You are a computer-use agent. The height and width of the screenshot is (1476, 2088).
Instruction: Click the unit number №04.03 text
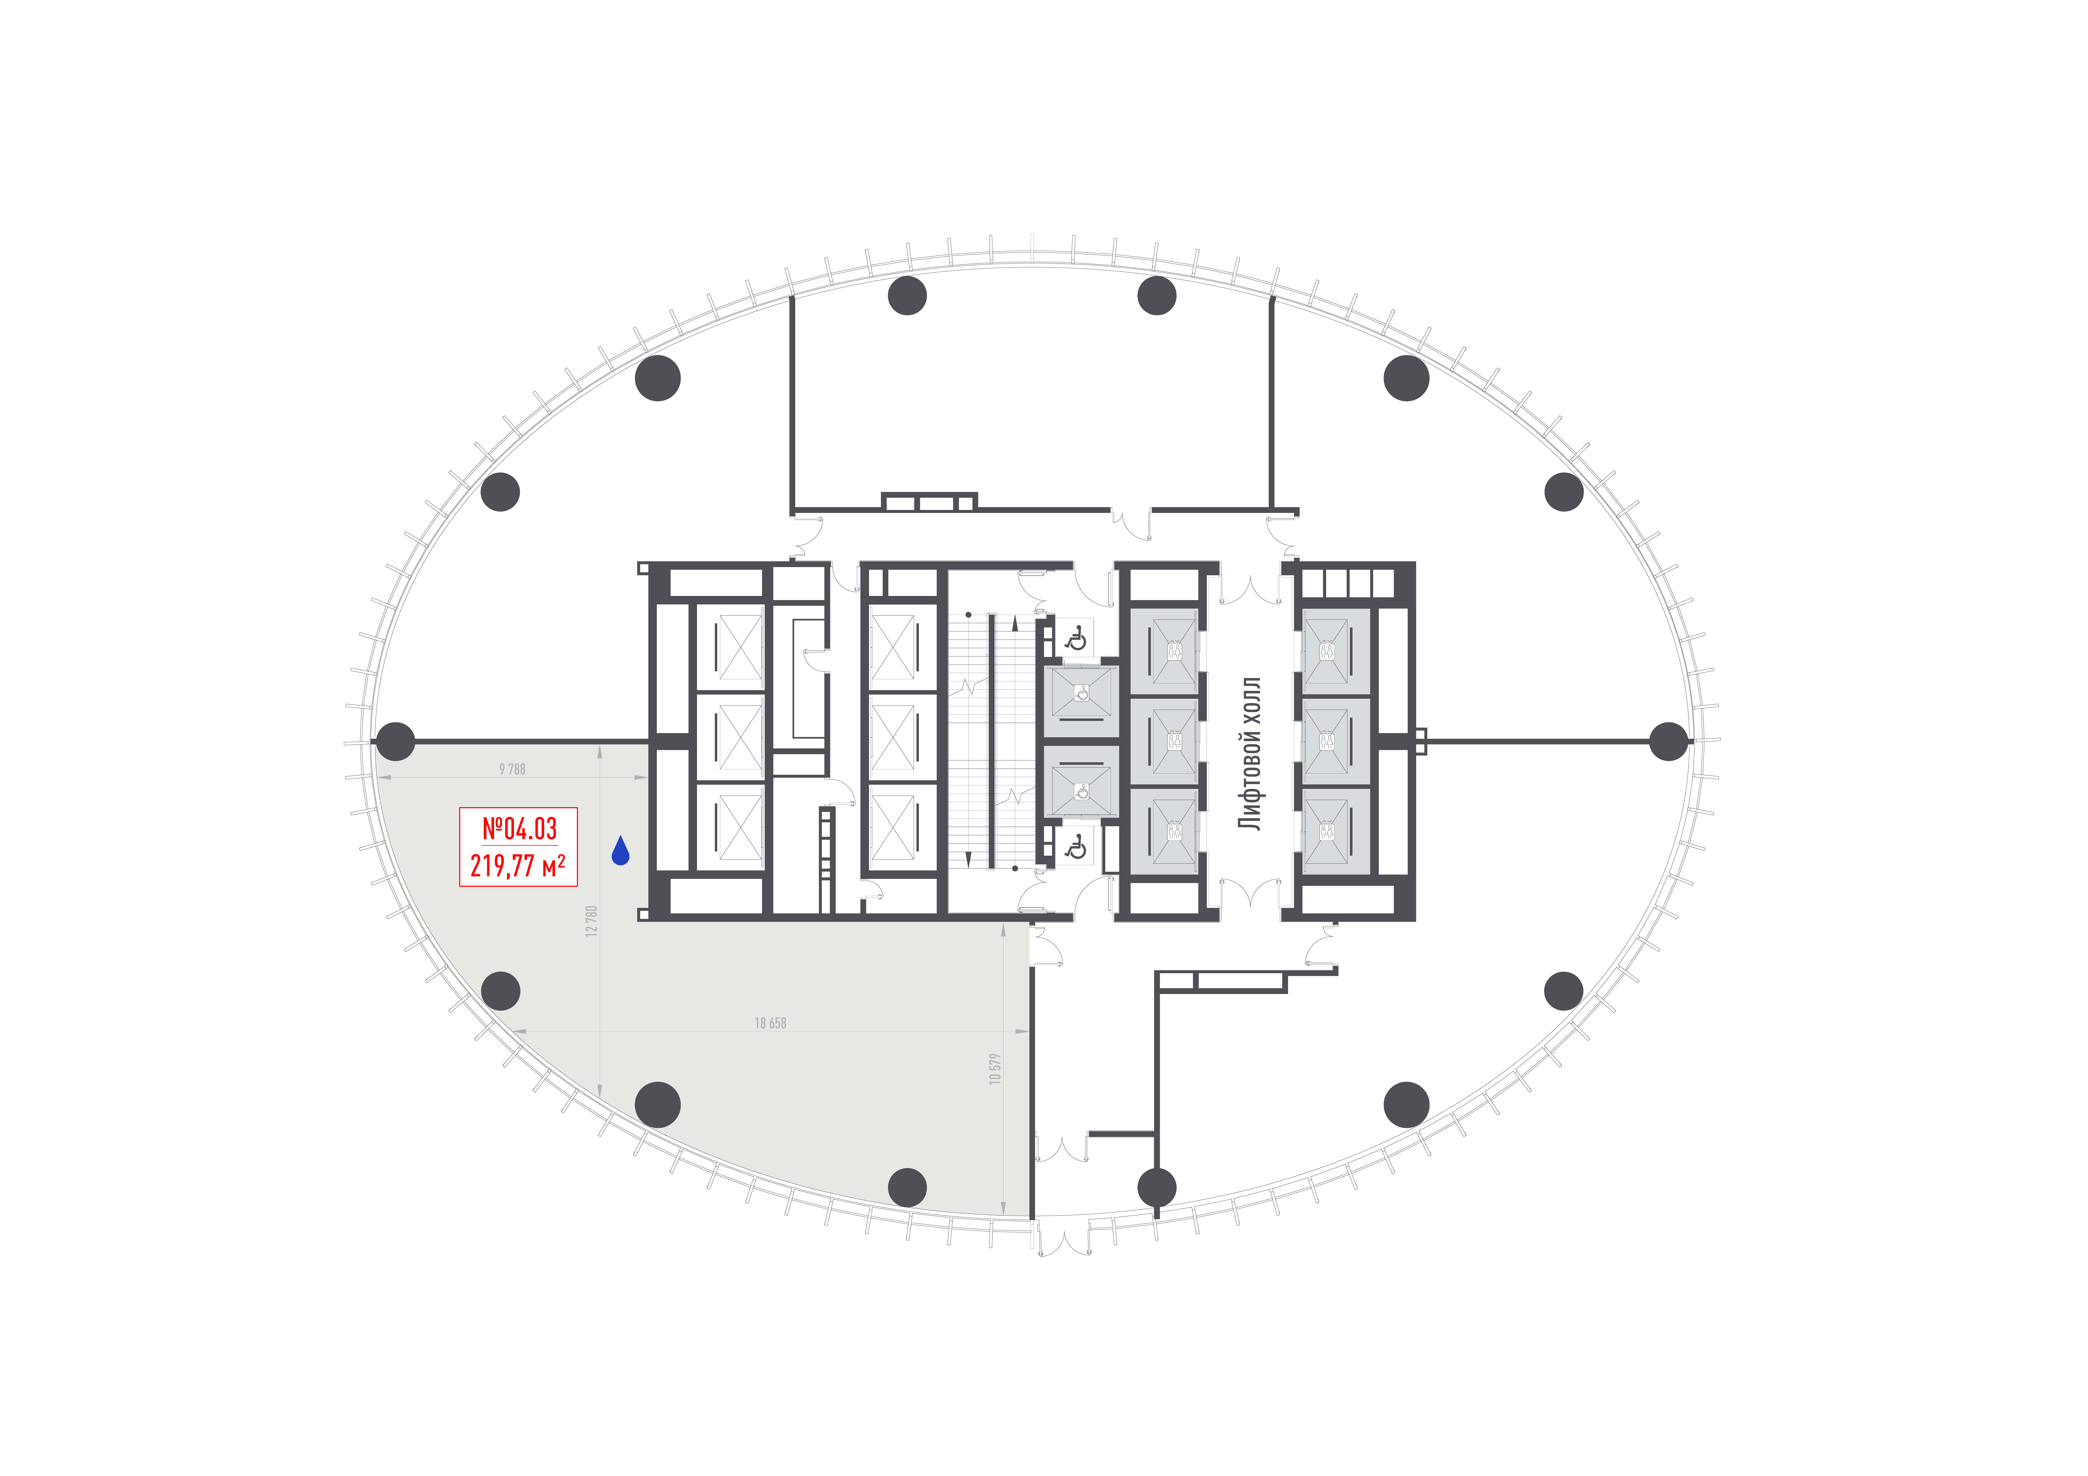coord(519,829)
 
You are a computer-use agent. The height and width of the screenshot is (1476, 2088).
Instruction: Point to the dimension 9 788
coord(512,769)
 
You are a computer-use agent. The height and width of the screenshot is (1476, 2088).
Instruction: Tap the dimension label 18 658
coord(770,1023)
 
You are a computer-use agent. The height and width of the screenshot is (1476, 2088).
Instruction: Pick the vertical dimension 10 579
coord(995,1069)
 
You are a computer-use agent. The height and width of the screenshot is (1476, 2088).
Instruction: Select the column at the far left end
coord(396,741)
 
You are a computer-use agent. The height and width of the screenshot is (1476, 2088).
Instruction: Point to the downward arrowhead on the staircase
coord(968,859)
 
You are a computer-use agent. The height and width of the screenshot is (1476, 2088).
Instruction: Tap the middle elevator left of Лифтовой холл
coord(1174,741)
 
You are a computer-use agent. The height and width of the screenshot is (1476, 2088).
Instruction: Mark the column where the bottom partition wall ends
coord(1157,1187)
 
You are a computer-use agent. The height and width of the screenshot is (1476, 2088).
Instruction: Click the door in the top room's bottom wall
coord(1131,523)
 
